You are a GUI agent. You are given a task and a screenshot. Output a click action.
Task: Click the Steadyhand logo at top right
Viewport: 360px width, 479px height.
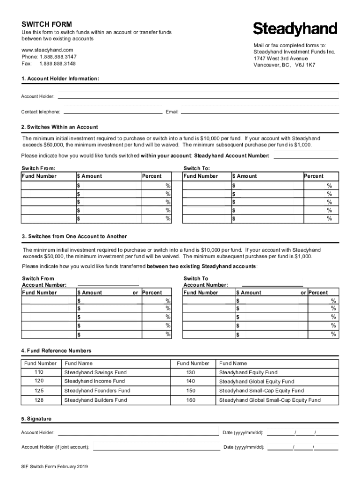click(295, 29)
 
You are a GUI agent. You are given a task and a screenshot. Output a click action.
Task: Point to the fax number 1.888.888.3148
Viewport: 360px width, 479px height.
click(58, 64)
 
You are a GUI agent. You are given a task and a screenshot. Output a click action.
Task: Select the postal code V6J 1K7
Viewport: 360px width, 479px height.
click(305, 65)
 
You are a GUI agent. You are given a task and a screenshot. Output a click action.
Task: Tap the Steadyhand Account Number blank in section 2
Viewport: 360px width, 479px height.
click(305, 156)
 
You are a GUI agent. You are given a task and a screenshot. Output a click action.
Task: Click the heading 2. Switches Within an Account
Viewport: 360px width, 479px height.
click(60, 127)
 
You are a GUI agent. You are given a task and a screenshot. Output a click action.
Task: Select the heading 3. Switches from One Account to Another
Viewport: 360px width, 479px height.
click(74, 236)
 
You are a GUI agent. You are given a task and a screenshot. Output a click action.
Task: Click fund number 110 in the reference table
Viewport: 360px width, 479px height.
click(39, 372)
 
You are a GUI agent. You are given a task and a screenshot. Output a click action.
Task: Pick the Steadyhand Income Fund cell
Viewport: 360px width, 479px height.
click(95, 381)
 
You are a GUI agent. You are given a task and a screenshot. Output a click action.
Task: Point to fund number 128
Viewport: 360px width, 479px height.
click(39, 400)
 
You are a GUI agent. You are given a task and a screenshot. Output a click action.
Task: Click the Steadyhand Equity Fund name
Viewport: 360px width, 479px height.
click(248, 372)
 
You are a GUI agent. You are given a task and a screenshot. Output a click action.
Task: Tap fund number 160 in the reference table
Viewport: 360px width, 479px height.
click(191, 400)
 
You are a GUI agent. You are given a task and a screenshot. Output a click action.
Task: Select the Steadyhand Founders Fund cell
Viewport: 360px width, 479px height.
click(97, 391)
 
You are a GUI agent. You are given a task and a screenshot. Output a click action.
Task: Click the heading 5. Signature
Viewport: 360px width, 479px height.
click(36, 419)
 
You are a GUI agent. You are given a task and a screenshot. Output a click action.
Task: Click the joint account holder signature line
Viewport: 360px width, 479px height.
click(156, 448)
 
